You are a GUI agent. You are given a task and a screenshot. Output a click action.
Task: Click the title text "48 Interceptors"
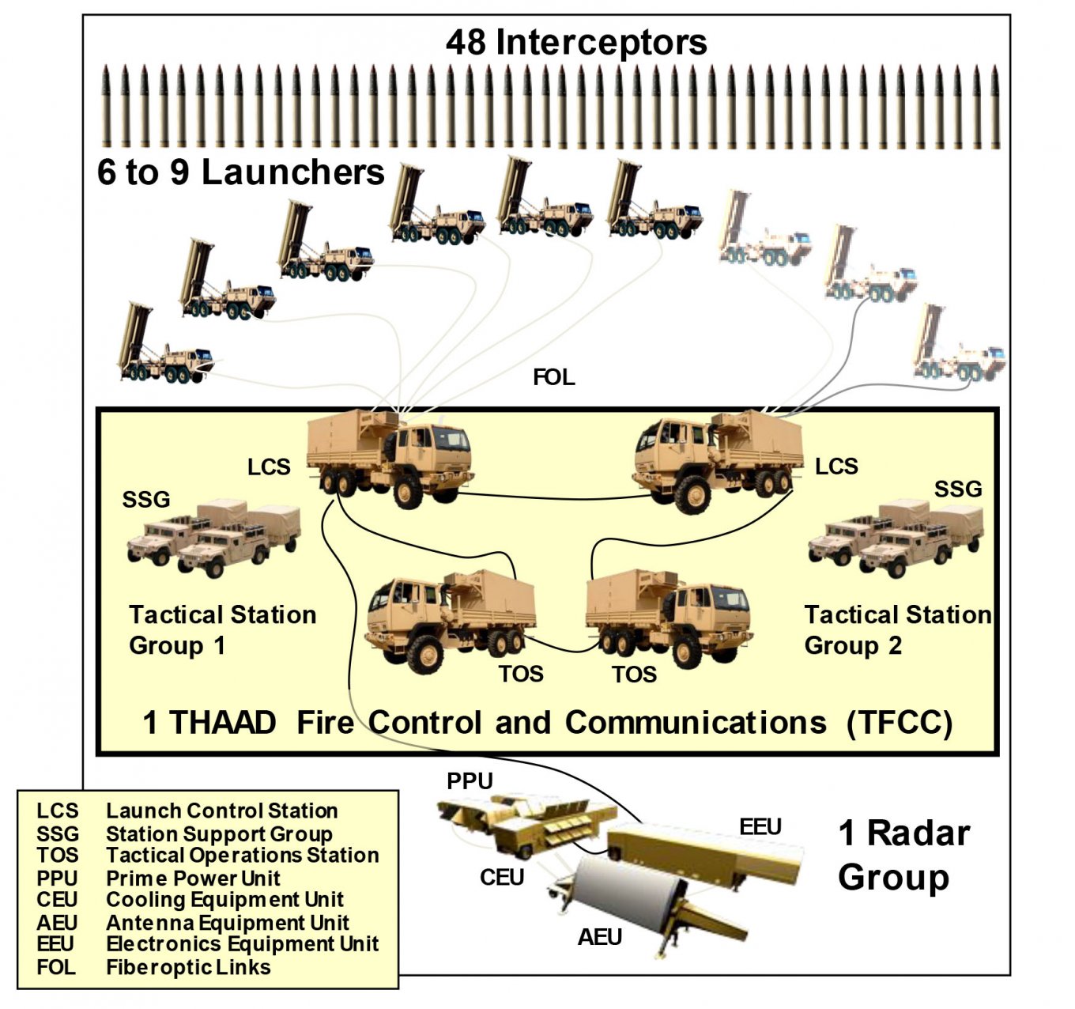575,42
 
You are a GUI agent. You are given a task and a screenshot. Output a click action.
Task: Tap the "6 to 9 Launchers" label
240,172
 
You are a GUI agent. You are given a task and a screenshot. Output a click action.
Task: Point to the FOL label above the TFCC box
553,377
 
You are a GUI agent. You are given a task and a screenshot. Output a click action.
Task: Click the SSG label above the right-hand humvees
957,489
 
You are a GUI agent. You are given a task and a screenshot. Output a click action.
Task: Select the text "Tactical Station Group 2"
897,629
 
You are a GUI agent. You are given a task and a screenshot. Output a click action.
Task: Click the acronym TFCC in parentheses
899,723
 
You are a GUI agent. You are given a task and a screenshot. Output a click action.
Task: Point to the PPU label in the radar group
470,781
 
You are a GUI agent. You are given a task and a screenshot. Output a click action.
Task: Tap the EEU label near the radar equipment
760,827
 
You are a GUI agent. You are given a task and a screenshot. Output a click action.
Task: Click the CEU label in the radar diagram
502,878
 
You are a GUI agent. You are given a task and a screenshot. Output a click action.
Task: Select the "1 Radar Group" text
903,855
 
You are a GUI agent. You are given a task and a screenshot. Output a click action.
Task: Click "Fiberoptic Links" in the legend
188,967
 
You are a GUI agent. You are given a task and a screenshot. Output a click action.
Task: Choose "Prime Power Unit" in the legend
193,878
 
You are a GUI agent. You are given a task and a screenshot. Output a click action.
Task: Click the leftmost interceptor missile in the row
106,107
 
